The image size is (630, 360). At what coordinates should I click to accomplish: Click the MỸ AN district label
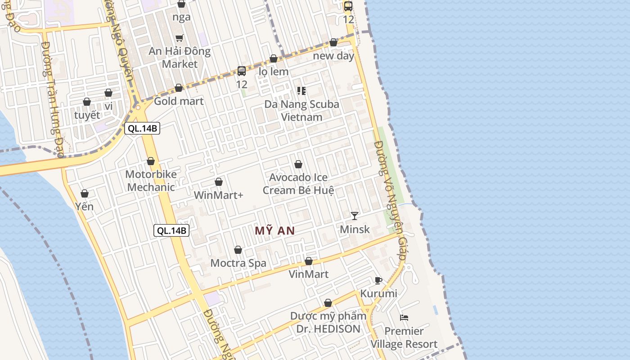[274, 231]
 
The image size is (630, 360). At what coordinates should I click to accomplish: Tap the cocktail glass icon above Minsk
[355, 216]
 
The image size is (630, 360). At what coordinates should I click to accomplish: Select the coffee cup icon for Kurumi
[378, 280]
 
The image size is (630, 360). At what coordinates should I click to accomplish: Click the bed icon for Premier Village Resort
[404, 318]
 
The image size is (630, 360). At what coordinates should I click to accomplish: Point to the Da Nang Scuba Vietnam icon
[301, 91]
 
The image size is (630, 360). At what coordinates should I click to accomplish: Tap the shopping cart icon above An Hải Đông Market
[180, 38]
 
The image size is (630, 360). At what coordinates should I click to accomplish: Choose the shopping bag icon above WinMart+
[219, 182]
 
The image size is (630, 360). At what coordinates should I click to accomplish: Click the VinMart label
[309, 274]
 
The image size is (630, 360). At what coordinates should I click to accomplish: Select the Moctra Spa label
[238, 263]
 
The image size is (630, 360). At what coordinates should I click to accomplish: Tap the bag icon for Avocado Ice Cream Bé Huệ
[298, 164]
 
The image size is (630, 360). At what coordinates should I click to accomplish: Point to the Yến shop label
[85, 207]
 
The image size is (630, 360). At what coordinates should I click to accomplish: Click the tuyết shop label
[87, 115]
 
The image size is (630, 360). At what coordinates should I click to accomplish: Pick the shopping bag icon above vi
[108, 93]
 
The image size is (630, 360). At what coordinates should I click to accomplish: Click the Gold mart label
[179, 101]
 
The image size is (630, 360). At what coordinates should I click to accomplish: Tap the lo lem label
[274, 72]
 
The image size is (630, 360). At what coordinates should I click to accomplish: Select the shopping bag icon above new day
[333, 42]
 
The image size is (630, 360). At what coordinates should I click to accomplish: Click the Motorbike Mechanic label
[151, 180]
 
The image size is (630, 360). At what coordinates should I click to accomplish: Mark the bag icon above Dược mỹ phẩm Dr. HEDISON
[328, 303]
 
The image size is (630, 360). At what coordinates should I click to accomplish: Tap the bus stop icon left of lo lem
[242, 71]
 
